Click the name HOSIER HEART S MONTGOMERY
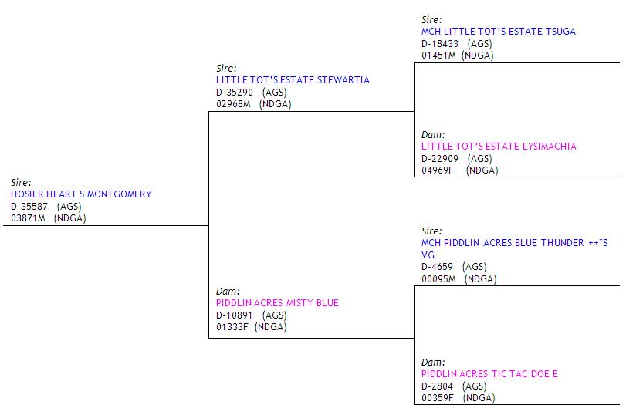click(x=81, y=194)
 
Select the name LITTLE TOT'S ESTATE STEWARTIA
click(x=293, y=80)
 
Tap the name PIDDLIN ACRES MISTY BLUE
click(x=277, y=303)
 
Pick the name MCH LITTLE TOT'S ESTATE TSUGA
click(x=499, y=32)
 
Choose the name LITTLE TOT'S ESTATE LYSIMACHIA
click(x=499, y=147)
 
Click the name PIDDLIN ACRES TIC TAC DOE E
click(x=489, y=374)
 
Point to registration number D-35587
click(x=29, y=207)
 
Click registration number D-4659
click(x=438, y=267)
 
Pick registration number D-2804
click(x=438, y=386)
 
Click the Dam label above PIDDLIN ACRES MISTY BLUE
click(x=228, y=292)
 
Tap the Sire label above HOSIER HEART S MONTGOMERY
click(x=21, y=183)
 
